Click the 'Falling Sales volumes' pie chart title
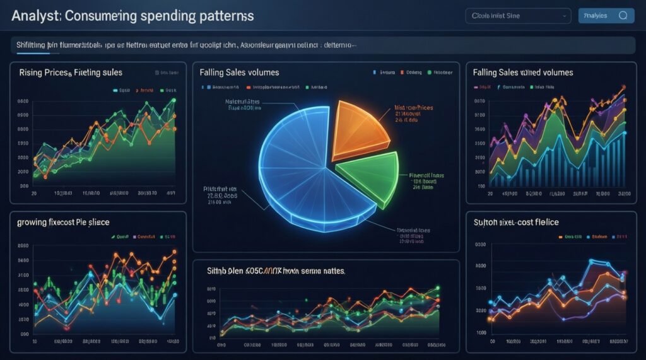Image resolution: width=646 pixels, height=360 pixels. (239, 73)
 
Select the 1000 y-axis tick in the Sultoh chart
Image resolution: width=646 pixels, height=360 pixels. (481, 332)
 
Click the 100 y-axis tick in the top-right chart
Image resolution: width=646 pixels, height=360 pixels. (481, 187)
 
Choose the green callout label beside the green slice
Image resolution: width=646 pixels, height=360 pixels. (426, 180)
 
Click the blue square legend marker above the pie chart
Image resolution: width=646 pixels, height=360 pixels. (375, 73)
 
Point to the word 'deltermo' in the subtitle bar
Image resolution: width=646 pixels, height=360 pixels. (338, 45)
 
